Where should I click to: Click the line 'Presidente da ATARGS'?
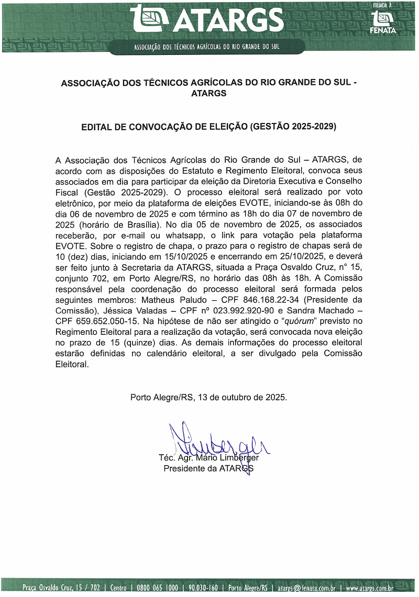(208, 469)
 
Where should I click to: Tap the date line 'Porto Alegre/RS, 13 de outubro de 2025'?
(208, 397)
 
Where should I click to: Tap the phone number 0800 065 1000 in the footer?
(157, 588)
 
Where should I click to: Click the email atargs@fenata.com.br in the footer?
(306, 588)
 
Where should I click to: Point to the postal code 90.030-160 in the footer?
(203, 588)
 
